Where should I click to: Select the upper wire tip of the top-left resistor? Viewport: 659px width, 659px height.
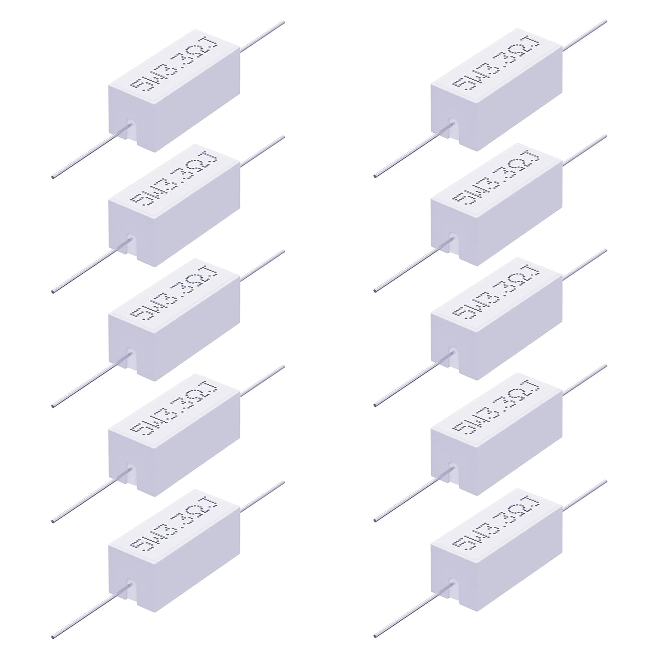click(284, 21)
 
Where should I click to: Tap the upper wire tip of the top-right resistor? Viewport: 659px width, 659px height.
click(606, 21)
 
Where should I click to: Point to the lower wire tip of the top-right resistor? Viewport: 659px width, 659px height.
click(375, 177)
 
